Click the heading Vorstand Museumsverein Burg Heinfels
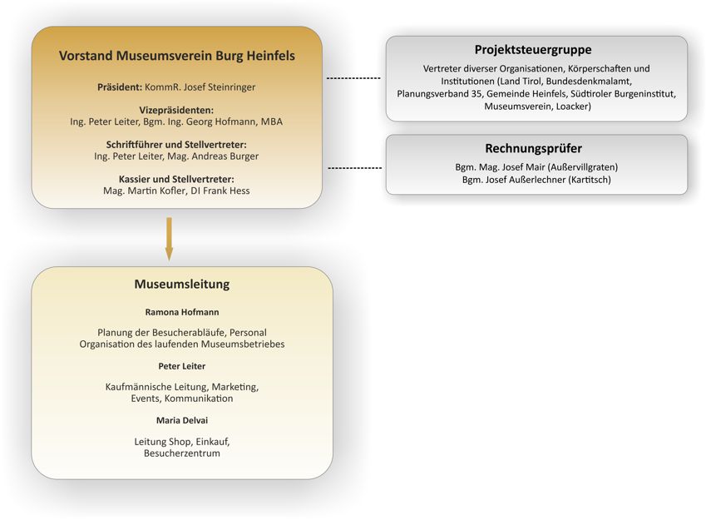[x=177, y=56]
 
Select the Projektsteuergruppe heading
[x=533, y=50]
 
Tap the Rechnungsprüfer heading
[x=534, y=148]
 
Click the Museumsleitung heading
[x=182, y=284]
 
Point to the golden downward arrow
[x=169, y=240]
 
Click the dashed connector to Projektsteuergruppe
[x=353, y=78]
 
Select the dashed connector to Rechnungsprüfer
[x=355, y=168]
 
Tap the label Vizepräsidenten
[x=176, y=111]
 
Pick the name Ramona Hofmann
[x=182, y=312]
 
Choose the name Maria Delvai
[x=182, y=420]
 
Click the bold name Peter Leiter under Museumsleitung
[x=182, y=366]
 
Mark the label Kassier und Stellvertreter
[x=176, y=180]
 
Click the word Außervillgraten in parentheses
[x=583, y=167]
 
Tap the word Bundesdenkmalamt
[x=589, y=82]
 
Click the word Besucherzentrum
[x=182, y=453]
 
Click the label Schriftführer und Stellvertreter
[x=176, y=145]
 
